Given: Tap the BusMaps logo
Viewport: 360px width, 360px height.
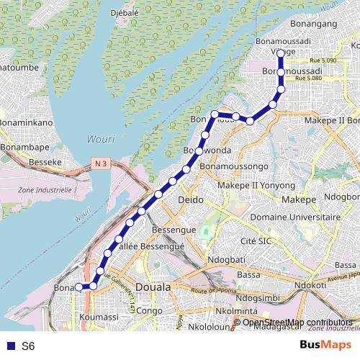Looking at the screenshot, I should tap(325, 346).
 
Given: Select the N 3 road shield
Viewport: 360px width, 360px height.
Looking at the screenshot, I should tap(101, 165).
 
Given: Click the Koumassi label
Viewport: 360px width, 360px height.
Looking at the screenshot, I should tap(100, 316).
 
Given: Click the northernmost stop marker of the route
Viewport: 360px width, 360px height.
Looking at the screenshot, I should tap(281, 53).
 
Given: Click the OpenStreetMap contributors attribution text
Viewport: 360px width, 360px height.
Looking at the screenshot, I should tap(297, 323).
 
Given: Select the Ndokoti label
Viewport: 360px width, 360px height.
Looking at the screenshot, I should tap(310, 284).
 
